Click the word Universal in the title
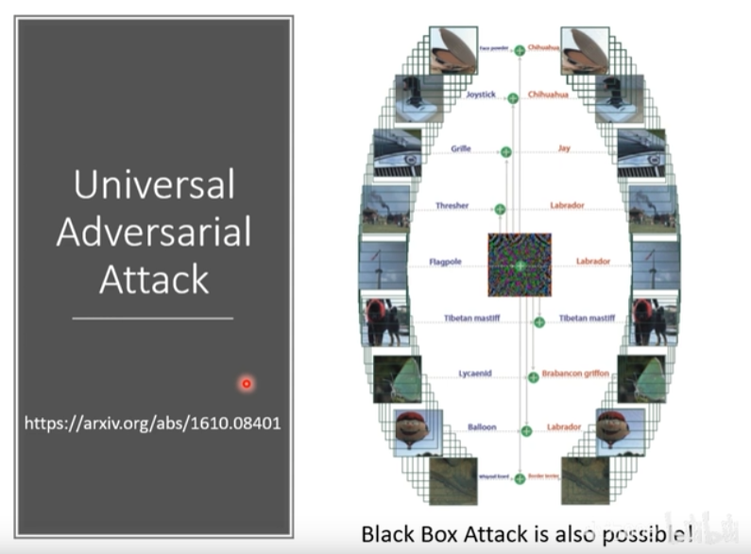[154, 184]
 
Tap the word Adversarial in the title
[154, 232]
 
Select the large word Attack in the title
[154, 279]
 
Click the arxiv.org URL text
[152, 423]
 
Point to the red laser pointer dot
[247, 383]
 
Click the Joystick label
[480, 95]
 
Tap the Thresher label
[452, 205]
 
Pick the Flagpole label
[445, 262]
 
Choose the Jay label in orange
[564, 148]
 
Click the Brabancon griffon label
[575, 373]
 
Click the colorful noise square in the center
[519, 265]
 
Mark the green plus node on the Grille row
[505, 151]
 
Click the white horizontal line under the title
[152, 318]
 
